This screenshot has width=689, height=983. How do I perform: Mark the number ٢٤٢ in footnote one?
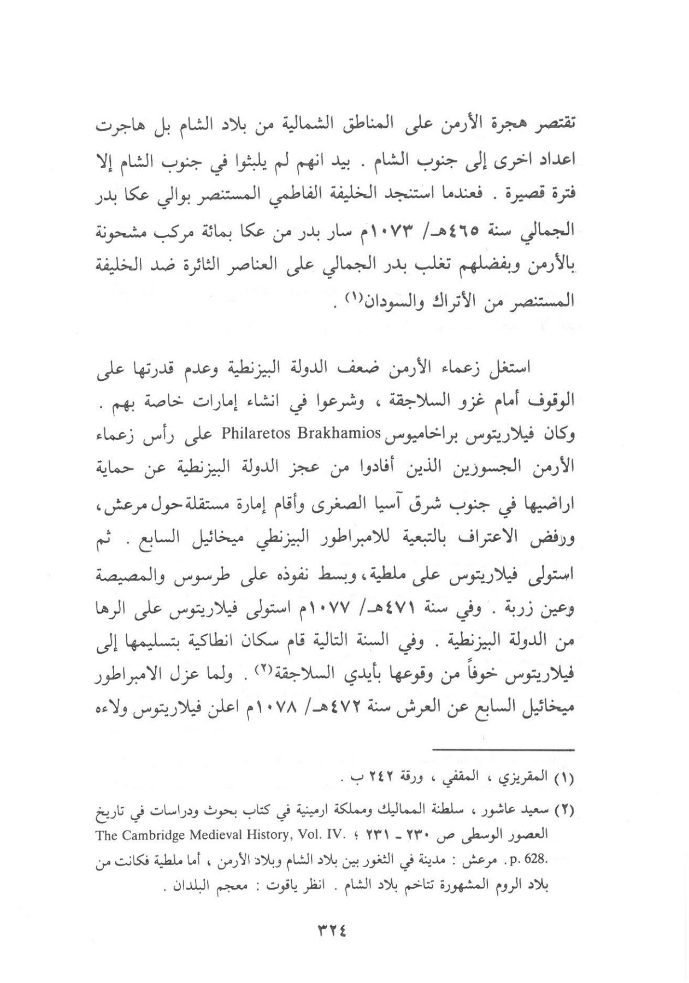388,779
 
